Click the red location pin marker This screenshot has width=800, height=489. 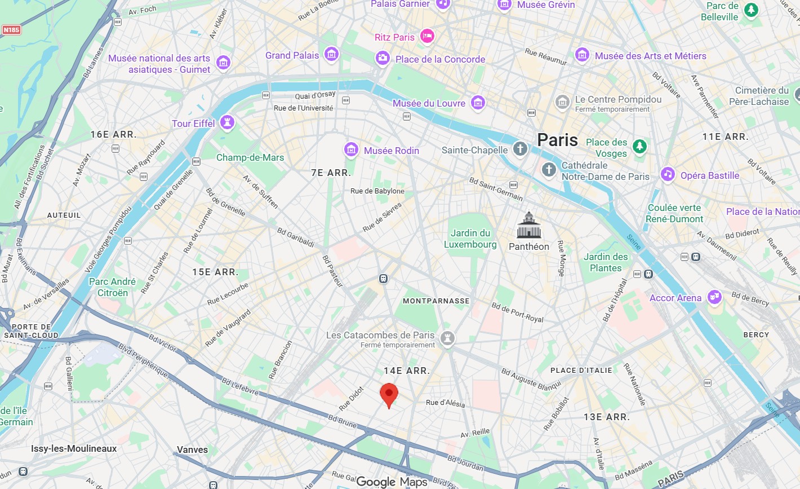(x=389, y=394)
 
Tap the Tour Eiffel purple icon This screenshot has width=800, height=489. (x=227, y=122)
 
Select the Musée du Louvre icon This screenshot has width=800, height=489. (x=478, y=103)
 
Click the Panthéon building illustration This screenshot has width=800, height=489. (x=529, y=226)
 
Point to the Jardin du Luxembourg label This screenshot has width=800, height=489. (x=470, y=239)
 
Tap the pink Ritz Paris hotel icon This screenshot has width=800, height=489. (x=427, y=37)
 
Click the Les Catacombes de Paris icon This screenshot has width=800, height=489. (x=448, y=338)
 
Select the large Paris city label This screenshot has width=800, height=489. (x=557, y=140)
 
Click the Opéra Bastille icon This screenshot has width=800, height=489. (x=668, y=174)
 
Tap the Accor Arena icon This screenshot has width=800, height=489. (x=714, y=297)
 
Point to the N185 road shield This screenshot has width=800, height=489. (x=11, y=30)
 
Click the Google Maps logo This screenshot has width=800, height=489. (x=392, y=482)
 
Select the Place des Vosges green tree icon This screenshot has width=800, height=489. (x=639, y=146)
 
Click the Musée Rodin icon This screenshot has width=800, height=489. (x=351, y=150)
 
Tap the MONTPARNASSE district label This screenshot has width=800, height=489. (x=436, y=301)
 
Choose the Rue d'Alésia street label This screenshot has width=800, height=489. (x=445, y=403)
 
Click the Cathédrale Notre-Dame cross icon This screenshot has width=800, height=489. (x=549, y=169)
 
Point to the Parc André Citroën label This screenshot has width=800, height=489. (x=112, y=287)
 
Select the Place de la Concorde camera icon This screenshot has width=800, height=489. (x=383, y=58)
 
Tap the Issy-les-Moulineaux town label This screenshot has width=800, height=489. (x=74, y=448)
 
